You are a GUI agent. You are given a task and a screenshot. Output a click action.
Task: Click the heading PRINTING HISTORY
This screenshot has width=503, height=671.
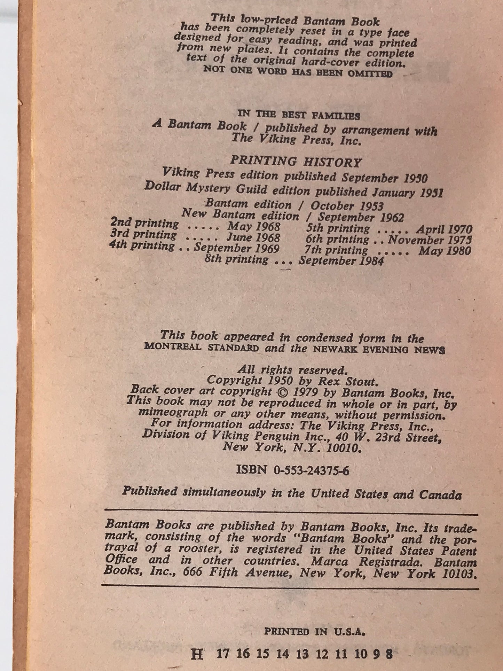tap(296, 162)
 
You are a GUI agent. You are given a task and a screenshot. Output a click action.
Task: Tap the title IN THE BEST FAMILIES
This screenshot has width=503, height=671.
tap(298, 115)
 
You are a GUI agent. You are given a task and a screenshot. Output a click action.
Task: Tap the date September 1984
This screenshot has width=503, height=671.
tap(341, 261)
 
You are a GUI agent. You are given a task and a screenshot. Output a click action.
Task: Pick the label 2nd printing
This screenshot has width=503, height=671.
tap(144, 223)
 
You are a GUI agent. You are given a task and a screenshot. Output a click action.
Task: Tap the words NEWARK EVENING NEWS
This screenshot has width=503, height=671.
tap(379, 350)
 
